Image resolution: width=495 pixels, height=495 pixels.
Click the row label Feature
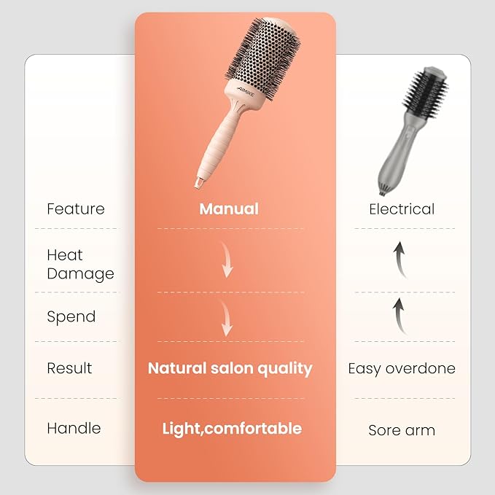click(75, 209)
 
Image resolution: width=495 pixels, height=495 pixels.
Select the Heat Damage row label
click(80, 265)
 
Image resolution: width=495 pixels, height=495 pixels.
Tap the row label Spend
click(71, 317)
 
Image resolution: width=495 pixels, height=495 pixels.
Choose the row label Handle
click(74, 428)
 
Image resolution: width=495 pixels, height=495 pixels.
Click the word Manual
click(229, 209)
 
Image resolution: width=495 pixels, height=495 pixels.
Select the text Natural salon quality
click(230, 368)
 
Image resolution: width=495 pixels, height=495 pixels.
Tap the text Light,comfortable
click(232, 428)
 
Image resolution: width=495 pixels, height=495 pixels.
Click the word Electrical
click(402, 209)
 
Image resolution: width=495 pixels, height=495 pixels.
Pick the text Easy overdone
click(402, 368)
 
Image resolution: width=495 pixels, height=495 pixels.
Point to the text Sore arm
click(402, 430)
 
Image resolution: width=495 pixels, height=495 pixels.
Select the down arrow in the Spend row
click(227, 321)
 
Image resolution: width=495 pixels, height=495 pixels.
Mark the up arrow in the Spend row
click(400, 314)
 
